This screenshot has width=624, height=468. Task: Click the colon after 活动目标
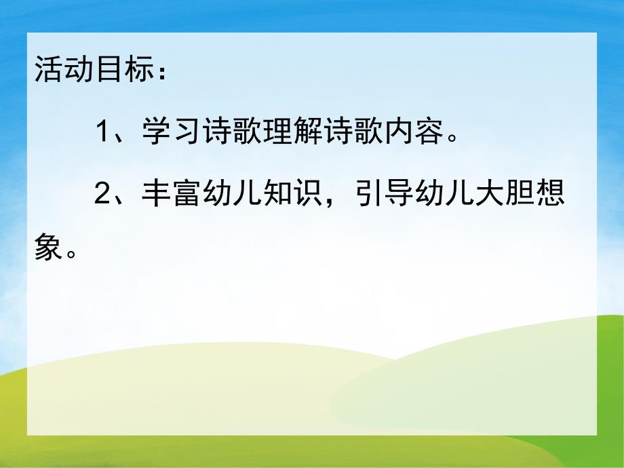point(160,72)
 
